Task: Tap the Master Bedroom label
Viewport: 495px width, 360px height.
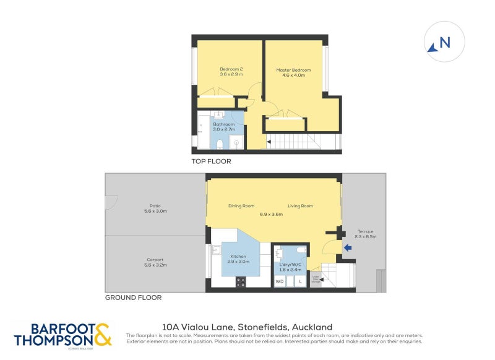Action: click(293, 70)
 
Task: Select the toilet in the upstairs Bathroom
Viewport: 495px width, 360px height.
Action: click(220, 144)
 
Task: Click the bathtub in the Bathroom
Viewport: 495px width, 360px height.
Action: click(202, 131)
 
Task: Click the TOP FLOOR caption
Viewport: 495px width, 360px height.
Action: click(211, 161)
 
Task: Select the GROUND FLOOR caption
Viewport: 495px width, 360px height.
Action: click(133, 298)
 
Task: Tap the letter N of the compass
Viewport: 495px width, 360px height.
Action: click(444, 43)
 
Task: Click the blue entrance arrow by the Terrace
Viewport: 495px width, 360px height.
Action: click(348, 248)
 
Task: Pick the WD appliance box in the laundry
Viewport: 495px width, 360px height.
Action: click(280, 281)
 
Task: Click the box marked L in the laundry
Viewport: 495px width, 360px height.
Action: click(300, 281)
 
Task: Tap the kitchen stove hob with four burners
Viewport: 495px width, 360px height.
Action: click(241, 281)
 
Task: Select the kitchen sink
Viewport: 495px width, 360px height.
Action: click(217, 251)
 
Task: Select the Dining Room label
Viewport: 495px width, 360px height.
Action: click(241, 206)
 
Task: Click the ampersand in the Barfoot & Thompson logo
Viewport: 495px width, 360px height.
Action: click(103, 334)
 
